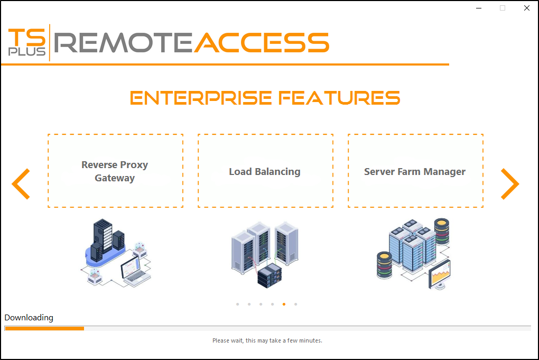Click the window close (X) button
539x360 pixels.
[527, 8]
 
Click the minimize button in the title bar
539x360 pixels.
[478, 8]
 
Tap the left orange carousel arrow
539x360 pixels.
[21, 184]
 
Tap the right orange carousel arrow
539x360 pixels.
[510, 184]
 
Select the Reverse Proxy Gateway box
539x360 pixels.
[115, 171]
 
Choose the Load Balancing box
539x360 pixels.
[265, 171]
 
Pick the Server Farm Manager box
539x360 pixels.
[415, 171]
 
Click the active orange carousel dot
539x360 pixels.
[284, 304]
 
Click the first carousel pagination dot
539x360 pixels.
[238, 304]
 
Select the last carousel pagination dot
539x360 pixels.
[296, 304]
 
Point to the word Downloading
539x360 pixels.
[29, 318]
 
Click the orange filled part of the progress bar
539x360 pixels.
[44, 328]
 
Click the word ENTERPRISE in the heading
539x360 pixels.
[201, 98]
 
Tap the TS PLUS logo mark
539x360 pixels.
[27, 42]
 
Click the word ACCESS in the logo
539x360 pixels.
[262, 42]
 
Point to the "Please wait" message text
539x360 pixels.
[267, 340]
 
